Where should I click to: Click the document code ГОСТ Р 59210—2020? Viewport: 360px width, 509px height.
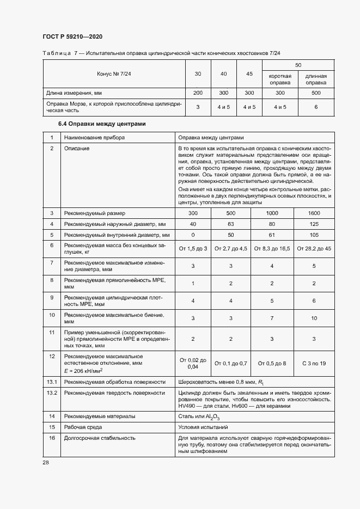(x=72, y=36)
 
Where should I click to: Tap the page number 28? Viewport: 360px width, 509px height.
(x=46, y=462)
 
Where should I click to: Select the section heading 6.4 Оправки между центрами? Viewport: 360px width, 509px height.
(x=102, y=124)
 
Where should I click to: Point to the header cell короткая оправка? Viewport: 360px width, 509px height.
(x=280, y=79)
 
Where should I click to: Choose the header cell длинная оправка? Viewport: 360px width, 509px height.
(x=316, y=79)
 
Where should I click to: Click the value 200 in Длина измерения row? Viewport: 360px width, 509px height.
(x=198, y=93)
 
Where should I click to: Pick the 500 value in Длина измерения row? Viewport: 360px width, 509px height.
(x=316, y=93)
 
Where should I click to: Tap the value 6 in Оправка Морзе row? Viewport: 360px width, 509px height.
(x=316, y=107)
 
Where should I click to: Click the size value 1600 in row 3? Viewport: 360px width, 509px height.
(x=314, y=213)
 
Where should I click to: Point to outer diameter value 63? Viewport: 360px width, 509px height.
(x=230, y=224)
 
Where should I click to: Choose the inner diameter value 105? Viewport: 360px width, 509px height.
(x=314, y=235)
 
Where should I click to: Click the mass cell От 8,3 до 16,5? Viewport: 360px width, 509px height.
(x=272, y=249)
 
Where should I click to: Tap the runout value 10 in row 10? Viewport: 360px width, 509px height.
(x=314, y=317)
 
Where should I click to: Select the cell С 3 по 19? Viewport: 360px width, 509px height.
(x=314, y=363)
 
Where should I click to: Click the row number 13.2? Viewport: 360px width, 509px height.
(x=52, y=392)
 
